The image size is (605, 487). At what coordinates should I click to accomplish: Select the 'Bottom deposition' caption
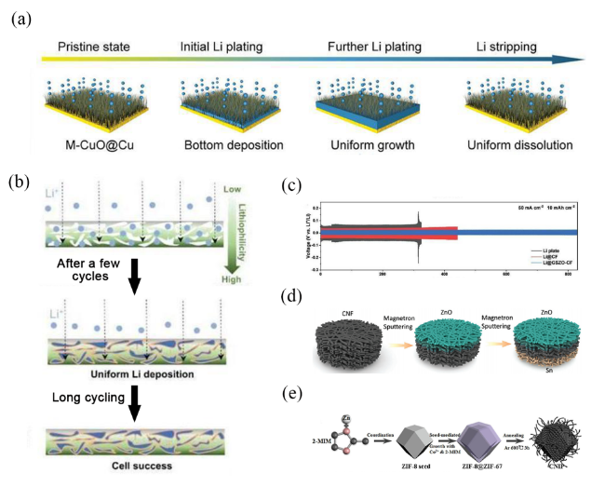click(x=225, y=146)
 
